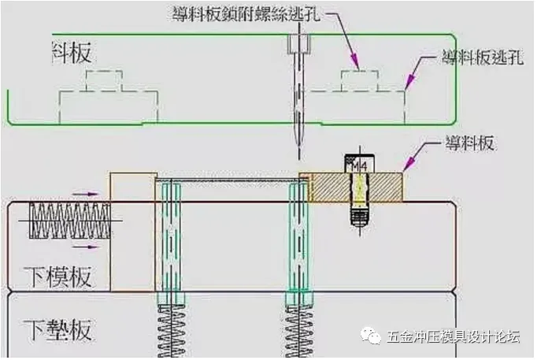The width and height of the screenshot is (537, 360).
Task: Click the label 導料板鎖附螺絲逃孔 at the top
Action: pyautogui.click(x=236, y=13)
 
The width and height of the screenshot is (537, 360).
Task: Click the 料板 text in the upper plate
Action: pyautogui.click(x=71, y=53)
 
